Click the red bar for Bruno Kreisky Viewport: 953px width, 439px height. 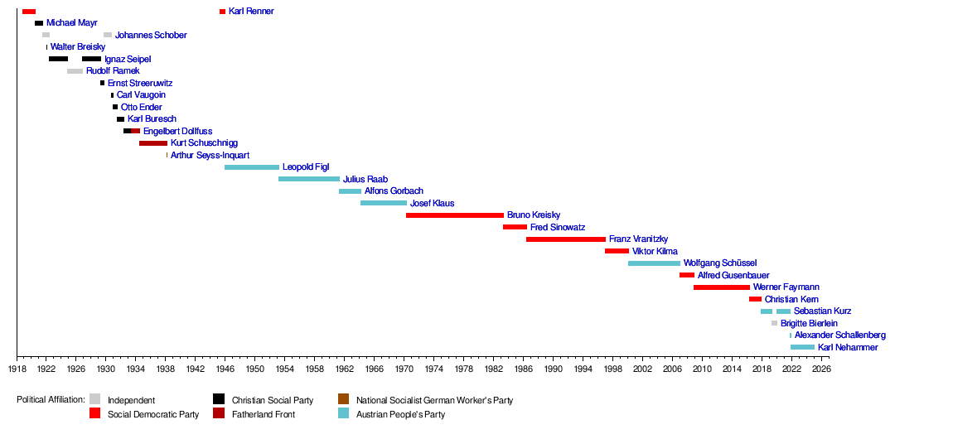pyautogui.click(x=454, y=215)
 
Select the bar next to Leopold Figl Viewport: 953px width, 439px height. pyautogui.click(x=251, y=167)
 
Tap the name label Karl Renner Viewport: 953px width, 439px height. pyautogui.click(x=251, y=12)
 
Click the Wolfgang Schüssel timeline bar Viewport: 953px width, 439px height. pyautogui.click(x=654, y=263)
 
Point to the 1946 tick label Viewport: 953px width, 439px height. pyautogui.click(x=225, y=369)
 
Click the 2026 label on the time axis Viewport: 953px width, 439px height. pyautogui.click(x=820, y=369)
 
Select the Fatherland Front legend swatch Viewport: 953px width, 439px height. pyautogui.click(x=219, y=413)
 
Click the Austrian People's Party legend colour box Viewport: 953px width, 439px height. pyautogui.click(x=343, y=413)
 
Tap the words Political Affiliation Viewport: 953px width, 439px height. pyautogui.click(x=51, y=400)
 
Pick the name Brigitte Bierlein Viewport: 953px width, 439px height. pyautogui.click(x=809, y=323)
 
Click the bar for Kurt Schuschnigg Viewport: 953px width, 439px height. pyautogui.click(x=153, y=143)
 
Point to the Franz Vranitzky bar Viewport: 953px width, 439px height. pyautogui.click(x=565, y=239)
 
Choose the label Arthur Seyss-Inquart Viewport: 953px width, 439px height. pyautogui.click(x=210, y=155)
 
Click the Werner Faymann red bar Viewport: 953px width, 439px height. pyautogui.click(x=721, y=287)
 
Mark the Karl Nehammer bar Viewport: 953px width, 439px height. pyautogui.click(x=802, y=347)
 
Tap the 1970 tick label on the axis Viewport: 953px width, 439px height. pyautogui.click(x=404, y=369)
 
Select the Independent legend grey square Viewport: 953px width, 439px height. pyautogui.click(x=94, y=399)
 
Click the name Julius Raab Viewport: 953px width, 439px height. pyautogui.click(x=365, y=179)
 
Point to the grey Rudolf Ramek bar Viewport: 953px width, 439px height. pyautogui.click(x=75, y=71)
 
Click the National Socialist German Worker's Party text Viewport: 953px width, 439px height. pyautogui.click(x=434, y=400)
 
